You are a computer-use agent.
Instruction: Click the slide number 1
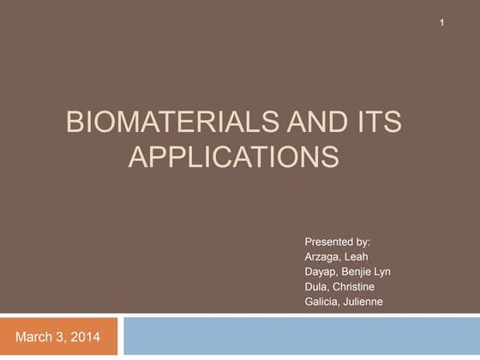click(441, 21)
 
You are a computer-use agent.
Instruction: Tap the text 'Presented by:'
click(337, 242)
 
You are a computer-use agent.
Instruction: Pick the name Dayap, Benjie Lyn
click(347, 272)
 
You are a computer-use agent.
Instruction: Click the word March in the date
click(33, 337)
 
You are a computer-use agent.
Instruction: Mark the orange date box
click(60, 337)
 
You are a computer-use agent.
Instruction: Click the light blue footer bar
click(300, 336)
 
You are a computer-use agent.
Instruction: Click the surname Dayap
click(321, 272)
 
